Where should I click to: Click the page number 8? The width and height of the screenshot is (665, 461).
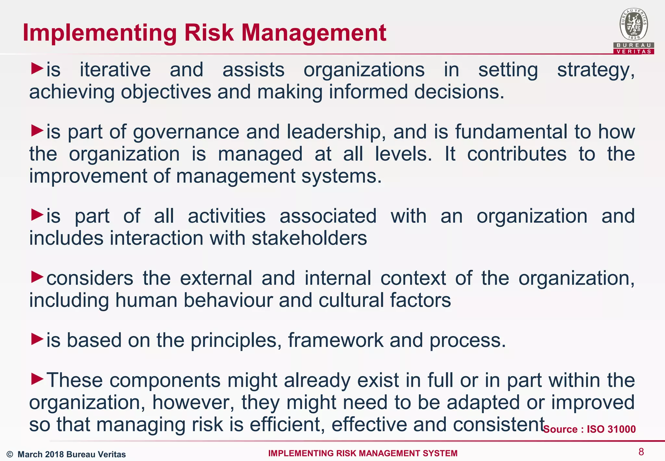(x=641, y=452)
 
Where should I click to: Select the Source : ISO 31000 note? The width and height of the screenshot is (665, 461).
(x=589, y=429)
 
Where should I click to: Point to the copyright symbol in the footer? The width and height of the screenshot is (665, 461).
(x=10, y=454)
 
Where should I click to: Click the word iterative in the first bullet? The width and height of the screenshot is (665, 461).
(x=115, y=70)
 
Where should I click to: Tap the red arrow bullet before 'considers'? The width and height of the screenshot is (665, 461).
(x=37, y=277)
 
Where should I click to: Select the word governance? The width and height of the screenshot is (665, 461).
(x=186, y=132)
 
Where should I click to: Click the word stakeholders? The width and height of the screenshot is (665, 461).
(x=309, y=238)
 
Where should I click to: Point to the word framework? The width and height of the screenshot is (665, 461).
(x=336, y=340)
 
